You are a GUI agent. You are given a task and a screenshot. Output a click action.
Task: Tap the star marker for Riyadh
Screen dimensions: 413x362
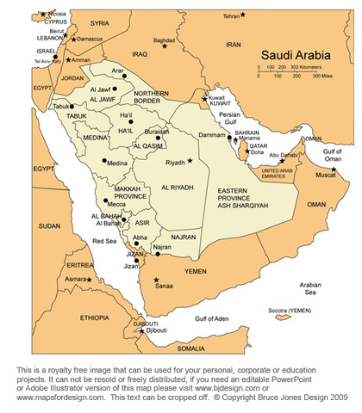point(191,161)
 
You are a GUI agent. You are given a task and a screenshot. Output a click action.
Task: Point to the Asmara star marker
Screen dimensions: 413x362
point(87,279)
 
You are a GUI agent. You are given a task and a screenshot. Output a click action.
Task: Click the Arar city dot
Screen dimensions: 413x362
point(123,76)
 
